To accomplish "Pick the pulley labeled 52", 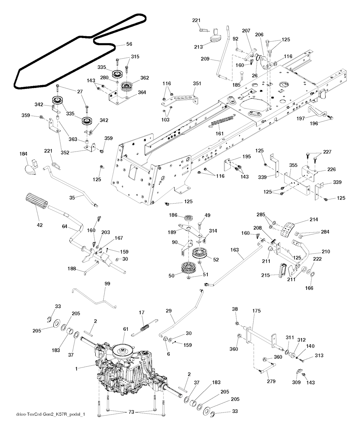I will coord(201,254).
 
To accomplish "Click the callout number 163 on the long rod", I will coord(235,250).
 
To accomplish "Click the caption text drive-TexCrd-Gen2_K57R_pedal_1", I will coord(51,415).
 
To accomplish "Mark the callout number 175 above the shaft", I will coord(257,311).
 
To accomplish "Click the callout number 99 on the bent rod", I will coord(107,283).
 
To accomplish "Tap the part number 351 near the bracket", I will coord(197,84).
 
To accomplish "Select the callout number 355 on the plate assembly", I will coord(293,165).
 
